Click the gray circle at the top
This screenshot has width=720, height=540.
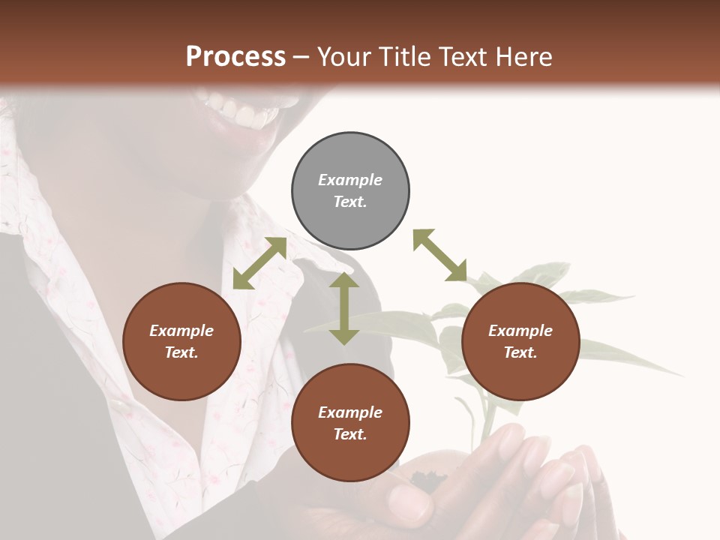click(x=350, y=191)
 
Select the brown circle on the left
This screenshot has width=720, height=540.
click(x=181, y=342)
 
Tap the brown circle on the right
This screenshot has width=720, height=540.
click(x=520, y=342)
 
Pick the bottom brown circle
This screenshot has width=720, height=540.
click(x=350, y=423)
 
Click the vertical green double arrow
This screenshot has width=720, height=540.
click(x=344, y=308)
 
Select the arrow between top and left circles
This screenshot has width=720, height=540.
click(x=259, y=263)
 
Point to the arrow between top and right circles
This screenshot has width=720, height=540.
click(x=439, y=255)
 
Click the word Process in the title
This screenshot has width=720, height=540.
click(x=235, y=56)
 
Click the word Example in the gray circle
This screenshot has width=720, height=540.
click(x=350, y=180)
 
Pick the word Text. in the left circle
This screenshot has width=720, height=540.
click(x=181, y=352)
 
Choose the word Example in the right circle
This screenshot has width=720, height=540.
click(x=520, y=331)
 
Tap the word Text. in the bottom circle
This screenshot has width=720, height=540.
click(x=350, y=434)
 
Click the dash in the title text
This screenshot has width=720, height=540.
click(x=301, y=56)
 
